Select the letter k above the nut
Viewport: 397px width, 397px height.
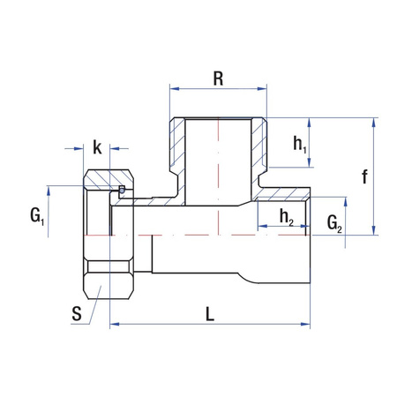[x=97, y=147]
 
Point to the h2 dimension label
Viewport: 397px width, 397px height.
[x=286, y=217]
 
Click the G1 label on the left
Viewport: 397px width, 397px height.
[x=36, y=215]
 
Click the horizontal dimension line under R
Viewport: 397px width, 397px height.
[x=218, y=89]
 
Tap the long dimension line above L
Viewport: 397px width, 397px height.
[x=209, y=326]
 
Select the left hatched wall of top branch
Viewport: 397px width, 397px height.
[x=177, y=150]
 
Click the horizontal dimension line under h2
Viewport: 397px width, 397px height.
[x=282, y=228]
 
